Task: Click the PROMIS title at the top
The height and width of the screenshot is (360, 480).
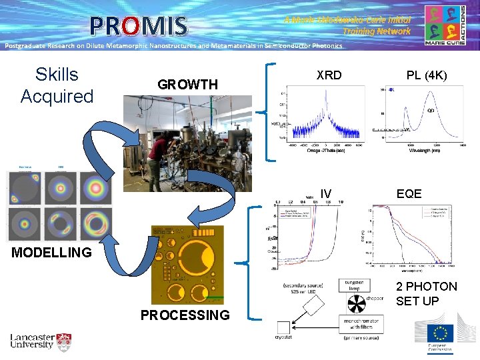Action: [139, 26]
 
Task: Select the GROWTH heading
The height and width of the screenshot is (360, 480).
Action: [187, 85]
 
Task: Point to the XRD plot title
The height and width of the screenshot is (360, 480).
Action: [329, 75]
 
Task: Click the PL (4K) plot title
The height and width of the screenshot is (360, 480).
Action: [427, 75]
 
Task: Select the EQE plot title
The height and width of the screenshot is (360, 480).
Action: [409, 194]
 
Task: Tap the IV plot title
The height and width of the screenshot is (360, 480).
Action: [325, 194]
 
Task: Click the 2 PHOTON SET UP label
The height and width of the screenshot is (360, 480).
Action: [426, 293]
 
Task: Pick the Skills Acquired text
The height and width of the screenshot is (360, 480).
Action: [57, 85]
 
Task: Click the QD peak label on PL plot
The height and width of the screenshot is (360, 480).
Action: [431, 111]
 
